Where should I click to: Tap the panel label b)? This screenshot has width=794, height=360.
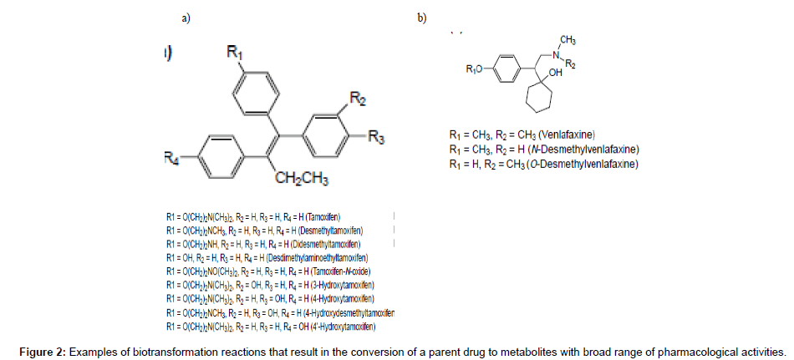pyautogui.click(x=422, y=18)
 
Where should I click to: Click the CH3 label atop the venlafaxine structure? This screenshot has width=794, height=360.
pyautogui.click(x=567, y=39)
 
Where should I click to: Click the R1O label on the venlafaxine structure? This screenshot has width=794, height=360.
pyautogui.click(x=475, y=69)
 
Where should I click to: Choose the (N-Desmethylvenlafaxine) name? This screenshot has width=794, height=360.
pyautogui.click(x=591, y=149)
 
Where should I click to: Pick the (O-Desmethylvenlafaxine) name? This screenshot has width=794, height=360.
pyautogui.click(x=592, y=165)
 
